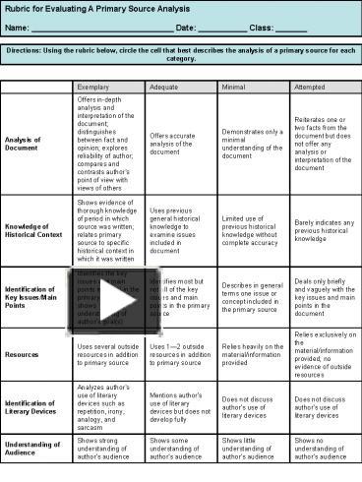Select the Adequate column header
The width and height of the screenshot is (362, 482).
coord(164,87)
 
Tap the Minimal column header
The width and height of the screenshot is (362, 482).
coord(235,87)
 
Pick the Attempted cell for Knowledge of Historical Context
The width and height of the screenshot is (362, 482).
coord(324,228)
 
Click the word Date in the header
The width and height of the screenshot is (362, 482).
coord(186,28)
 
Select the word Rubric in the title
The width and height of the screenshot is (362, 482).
coord(19,8)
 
